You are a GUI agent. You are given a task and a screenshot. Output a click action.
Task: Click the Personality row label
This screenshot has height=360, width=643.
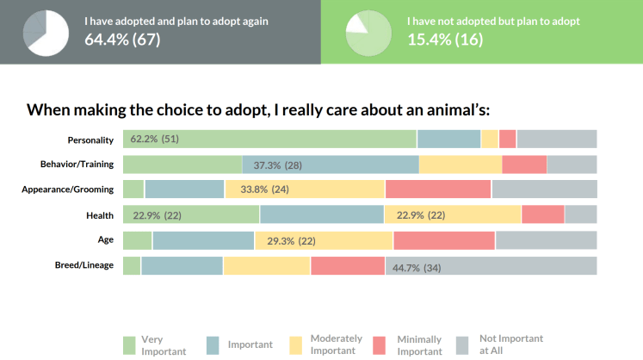pyautogui.click(x=92, y=139)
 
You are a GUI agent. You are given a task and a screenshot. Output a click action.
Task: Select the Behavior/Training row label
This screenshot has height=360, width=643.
pyautogui.click(x=77, y=164)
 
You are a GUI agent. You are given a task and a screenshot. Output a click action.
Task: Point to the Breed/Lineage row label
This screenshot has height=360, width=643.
pyautogui.click(x=84, y=265)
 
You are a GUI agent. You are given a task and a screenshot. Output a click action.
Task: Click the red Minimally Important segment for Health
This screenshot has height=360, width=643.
pyautogui.click(x=542, y=215)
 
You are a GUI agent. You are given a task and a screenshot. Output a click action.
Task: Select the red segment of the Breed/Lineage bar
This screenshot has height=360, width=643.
pyautogui.click(x=347, y=266)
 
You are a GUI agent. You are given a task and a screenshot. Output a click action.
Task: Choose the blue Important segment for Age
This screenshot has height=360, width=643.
pyautogui.click(x=203, y=240)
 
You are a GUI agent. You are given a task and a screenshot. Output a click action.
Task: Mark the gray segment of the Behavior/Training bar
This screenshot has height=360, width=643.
pyautogui.click(x=572, y=164)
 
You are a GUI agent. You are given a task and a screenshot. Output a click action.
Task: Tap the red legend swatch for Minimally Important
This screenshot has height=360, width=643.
pyautogui.click(x=381, y=344)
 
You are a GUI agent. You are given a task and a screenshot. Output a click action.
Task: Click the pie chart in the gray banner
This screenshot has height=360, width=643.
pyautogui.click(x=45, y=31)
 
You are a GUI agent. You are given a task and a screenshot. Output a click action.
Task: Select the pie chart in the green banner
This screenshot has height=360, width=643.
pyautogui.click(x=366, y=31)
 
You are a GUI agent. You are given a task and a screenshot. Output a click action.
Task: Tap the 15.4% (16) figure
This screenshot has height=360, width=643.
pyautogui.click(x=445, y=38)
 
